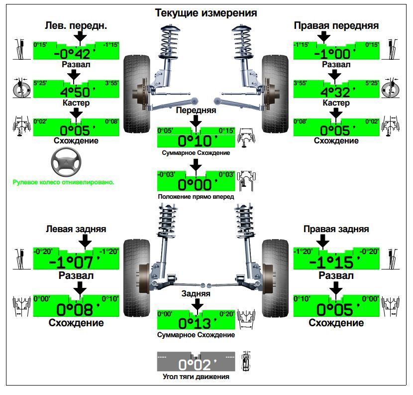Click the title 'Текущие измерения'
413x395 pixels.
[x=206, y=13]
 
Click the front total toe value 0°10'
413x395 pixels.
[x=197, y=140]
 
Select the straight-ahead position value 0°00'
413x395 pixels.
[x=197, y=184]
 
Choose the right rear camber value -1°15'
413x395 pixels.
[x=337, y=262]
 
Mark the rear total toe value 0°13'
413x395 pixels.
[x=197, y=323]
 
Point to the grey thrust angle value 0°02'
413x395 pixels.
[x=197, y=364]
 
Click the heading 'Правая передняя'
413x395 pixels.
[x=336, y=25]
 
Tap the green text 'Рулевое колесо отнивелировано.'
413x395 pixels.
[x=63, y=182]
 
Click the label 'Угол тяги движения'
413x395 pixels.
[x=196, y=377]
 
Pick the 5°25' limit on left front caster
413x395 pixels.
[x=40, y=83]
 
